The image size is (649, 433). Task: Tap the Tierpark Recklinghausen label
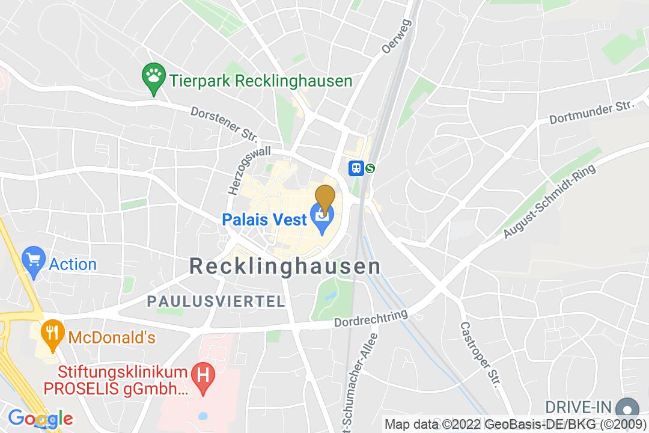click(260, 81)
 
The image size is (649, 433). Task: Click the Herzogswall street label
click(249, 170)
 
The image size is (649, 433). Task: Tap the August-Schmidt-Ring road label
click(550, 201)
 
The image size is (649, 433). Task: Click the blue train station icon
click(356, 168)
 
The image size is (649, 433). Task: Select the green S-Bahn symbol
click(370, 168)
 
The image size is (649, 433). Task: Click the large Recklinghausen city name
click(285, 266)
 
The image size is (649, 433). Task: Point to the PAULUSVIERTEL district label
click(217, 301)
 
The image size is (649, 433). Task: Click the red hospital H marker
click(203, 377)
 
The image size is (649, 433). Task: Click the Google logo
click(40, 418)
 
